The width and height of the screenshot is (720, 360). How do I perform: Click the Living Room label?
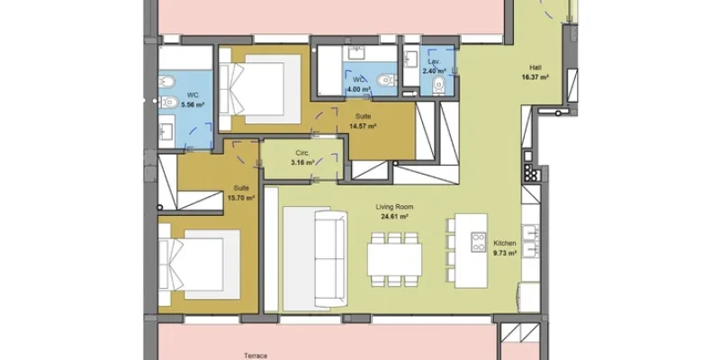394,207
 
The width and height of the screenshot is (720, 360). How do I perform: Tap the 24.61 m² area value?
394,217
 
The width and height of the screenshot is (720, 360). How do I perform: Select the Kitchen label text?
505,243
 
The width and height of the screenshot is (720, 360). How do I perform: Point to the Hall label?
535,67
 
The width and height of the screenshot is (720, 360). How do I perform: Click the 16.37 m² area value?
535,77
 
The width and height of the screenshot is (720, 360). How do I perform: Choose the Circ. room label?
302,153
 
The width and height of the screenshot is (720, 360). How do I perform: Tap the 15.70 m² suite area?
241,198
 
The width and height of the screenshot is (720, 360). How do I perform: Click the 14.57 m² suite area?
363,126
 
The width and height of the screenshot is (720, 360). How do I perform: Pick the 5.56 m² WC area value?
193,104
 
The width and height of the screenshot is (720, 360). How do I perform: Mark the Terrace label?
256,355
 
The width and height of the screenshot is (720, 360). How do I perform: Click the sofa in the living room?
330,259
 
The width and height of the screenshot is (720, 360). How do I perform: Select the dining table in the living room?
394,259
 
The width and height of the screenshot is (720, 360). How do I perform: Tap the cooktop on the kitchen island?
478,242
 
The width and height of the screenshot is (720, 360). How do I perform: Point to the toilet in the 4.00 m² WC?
385,80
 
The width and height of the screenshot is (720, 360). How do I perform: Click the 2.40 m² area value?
434,71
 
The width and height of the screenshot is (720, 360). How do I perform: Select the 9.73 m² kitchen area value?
505,253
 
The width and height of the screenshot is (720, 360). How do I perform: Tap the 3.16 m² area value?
302,163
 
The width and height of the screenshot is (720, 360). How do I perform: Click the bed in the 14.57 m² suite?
260,89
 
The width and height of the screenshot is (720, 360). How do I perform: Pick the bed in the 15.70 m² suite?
199,265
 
